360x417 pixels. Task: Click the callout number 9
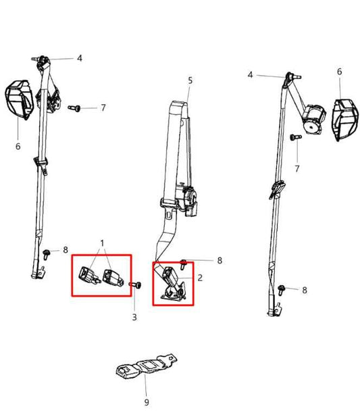point(147,402)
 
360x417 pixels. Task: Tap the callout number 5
point(190,80)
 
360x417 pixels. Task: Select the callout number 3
point(134,317)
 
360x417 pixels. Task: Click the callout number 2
point(200,278)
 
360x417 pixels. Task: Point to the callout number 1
point(102,243)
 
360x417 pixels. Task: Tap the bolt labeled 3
point(136,285)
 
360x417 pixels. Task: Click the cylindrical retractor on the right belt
point(313,118)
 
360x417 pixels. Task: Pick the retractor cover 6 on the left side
point(20,100)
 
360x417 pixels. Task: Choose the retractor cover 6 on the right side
point(345,120)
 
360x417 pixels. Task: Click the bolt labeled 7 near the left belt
point(74,108)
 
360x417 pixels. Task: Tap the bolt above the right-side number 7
point(295,137)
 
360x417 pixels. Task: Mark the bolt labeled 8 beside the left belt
point(46,254)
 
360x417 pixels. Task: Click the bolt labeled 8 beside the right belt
point(281,290)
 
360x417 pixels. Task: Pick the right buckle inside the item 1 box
point(113,278)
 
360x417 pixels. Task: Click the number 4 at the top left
point(80,58)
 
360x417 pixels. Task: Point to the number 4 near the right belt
point(250,75)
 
